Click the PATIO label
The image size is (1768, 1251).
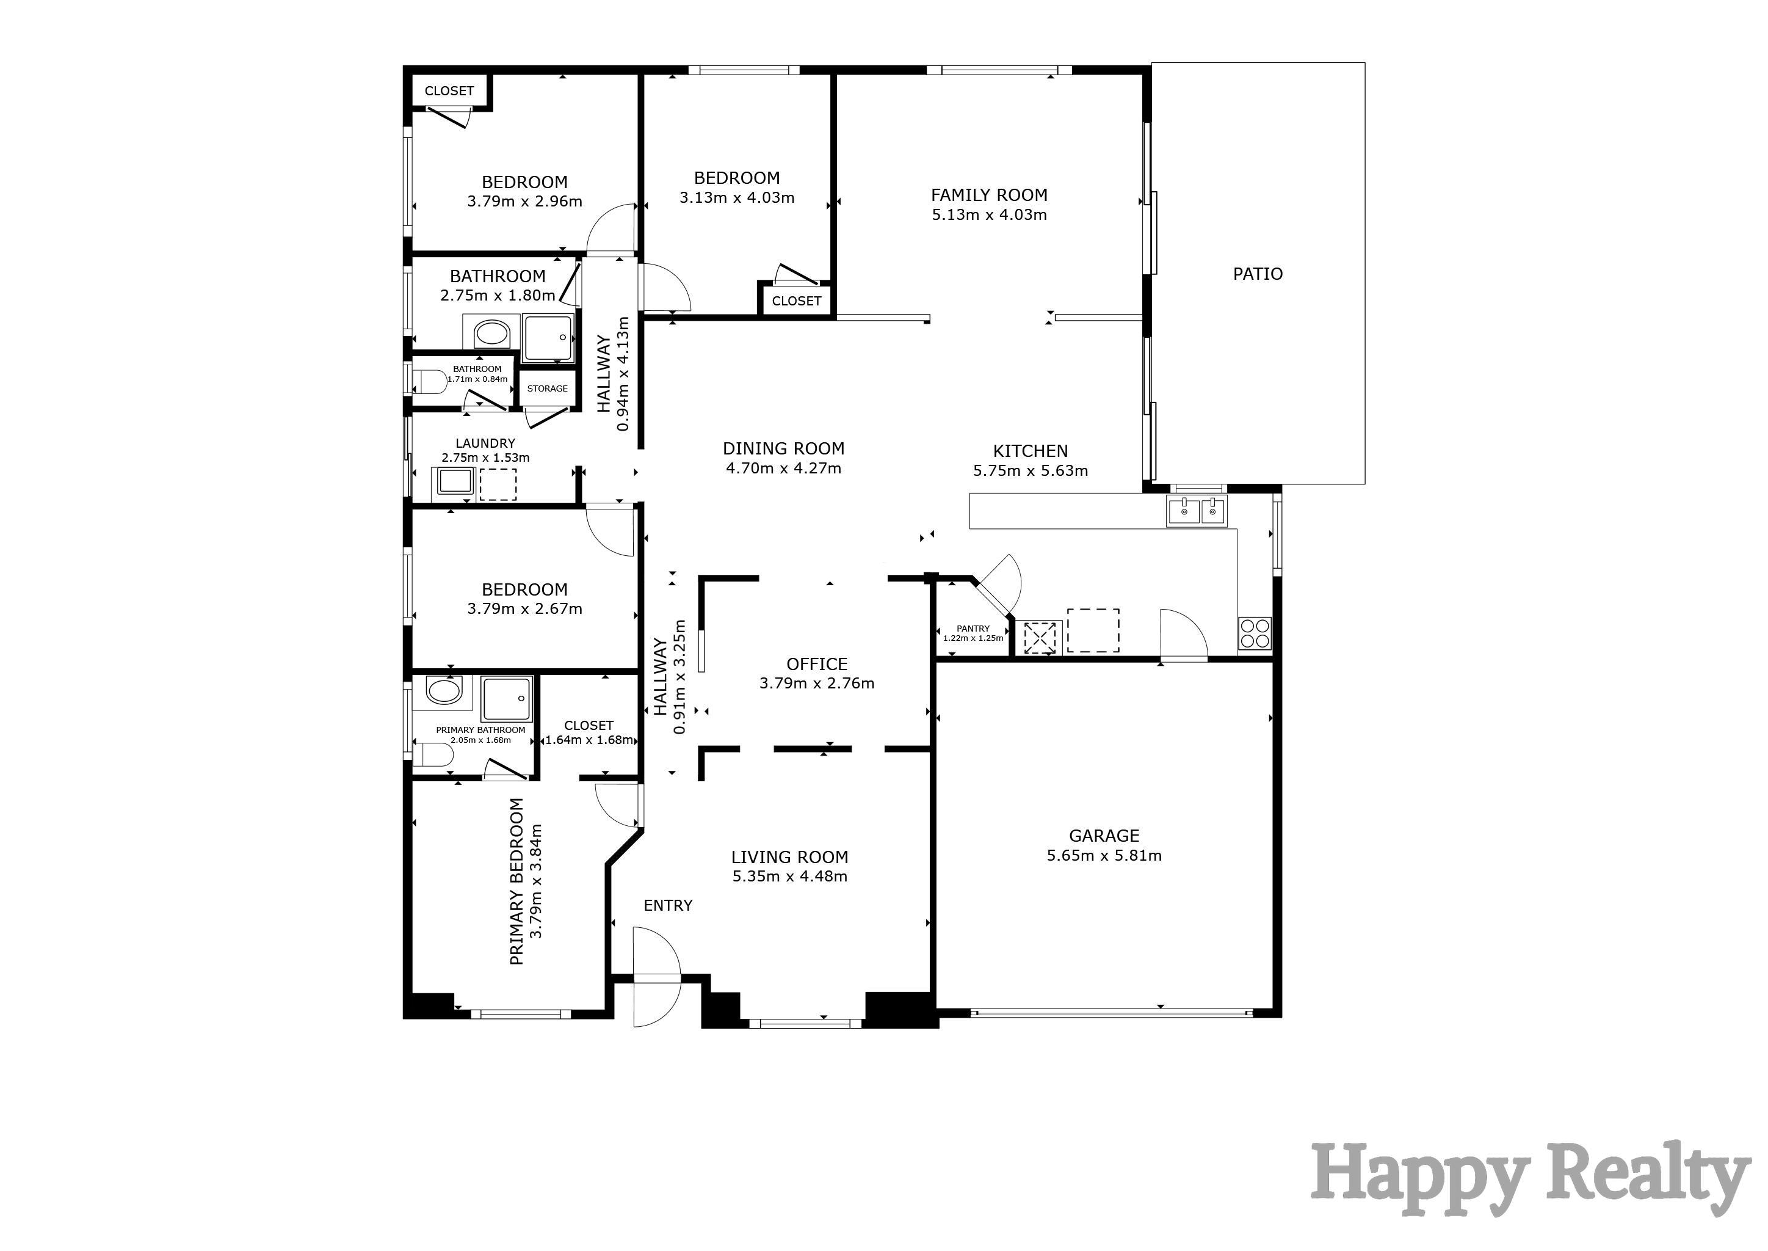point(1258,274)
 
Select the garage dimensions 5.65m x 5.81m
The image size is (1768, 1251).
point(1103,855)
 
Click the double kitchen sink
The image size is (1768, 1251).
point(1196,511)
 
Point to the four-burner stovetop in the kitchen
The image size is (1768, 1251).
point(1255,633)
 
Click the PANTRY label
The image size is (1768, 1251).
point(973,629)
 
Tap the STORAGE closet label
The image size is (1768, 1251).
point(547,388)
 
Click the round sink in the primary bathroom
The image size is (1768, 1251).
point(444,691)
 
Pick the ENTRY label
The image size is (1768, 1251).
point(668,906)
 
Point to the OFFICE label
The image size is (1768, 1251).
point(816,664)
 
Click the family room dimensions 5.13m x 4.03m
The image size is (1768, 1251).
point(989,215)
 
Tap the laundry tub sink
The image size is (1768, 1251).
point(454,481)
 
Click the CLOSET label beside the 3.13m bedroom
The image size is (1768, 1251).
point(796,301)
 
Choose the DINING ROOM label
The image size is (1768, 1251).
point(783,448)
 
